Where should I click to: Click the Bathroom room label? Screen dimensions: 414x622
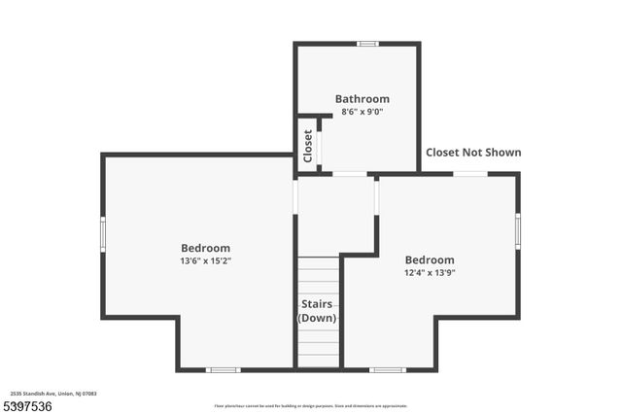coord(362,98)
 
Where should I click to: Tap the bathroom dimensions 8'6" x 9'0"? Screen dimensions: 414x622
coord(362,112)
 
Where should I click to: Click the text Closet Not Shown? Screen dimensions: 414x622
coord(473,153)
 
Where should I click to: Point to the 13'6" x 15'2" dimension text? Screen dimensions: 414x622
coord(205,261)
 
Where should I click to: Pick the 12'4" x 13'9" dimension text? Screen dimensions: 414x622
coord(429,273)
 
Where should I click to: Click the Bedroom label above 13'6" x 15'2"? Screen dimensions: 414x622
coord(205,248)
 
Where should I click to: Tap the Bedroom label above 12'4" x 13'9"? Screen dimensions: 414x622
coord(429,259)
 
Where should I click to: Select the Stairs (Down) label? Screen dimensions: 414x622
coord(317,311)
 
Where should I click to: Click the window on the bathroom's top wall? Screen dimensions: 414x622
coord(367,44)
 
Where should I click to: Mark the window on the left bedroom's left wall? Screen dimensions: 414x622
coord(103,234)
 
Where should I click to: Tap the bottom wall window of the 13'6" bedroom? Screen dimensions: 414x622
coord(224,369)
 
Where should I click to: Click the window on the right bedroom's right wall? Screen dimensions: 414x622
coord(518,230)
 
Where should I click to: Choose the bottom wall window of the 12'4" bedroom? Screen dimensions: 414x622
coord(388,369)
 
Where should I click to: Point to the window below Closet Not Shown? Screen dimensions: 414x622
coord(470,174)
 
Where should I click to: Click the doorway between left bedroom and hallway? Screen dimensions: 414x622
coord(295,196)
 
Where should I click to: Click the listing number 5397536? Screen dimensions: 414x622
coord(28,404)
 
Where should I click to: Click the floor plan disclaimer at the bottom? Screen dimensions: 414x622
coord(311,406)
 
